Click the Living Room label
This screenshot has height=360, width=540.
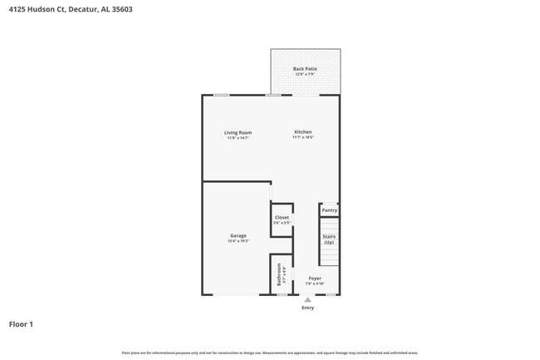click(238, 132)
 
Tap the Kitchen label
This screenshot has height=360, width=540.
click(302, 132)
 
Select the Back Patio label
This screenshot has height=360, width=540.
click(305, 69)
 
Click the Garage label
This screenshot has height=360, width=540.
click(238, 235)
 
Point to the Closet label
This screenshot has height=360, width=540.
click(282, 217)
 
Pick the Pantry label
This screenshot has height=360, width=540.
click(330, 210)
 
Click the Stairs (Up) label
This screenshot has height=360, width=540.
click(329, 239)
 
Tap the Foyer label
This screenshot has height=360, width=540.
click(315, 279)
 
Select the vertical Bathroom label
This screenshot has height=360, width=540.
click(280, 275)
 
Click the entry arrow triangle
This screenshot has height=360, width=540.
click(307, 299)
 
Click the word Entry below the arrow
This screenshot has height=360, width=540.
click(307, 308)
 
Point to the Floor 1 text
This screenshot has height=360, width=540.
click(21, 324)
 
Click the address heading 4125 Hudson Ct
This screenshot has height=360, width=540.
click(70, 10)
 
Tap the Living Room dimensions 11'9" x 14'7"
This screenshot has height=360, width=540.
click(238, 138)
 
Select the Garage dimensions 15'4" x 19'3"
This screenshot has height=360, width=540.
click(238, 241)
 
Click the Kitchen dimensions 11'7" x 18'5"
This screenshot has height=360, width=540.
click(302, 138)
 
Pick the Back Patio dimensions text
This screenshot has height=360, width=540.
click(305, 75)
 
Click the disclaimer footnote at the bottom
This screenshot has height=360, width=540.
click(270, 353)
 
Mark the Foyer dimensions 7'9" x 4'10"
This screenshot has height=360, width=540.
click(315, 284)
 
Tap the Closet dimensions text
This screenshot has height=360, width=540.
click(282, 223)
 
